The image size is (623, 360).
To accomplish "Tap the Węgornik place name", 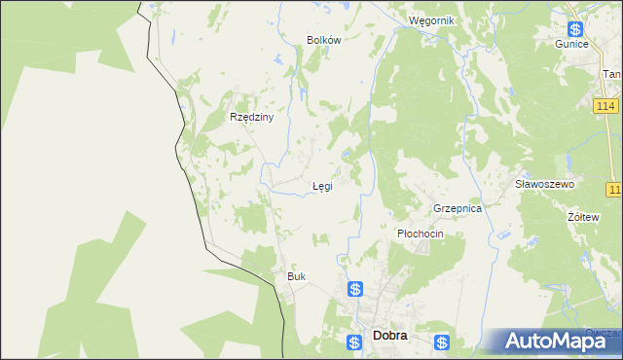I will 432,20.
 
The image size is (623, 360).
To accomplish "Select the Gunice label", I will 572,45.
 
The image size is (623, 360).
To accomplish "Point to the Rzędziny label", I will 252,117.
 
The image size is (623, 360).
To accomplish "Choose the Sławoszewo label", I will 545,184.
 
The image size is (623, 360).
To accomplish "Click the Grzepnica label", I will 458,209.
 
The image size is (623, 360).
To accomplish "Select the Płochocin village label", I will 421,234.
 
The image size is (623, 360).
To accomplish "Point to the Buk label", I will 296,276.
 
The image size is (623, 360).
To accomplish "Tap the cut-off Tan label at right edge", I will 612,74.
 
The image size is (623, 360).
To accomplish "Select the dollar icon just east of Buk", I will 356,289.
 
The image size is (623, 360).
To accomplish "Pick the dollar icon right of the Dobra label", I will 443,342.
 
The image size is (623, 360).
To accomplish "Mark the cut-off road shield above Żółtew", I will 614,189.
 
